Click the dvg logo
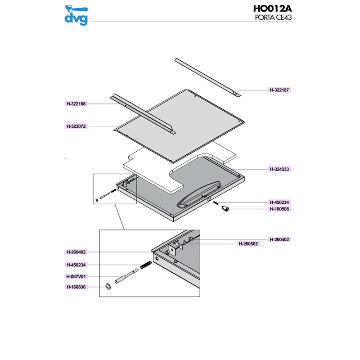pyautogui.click(x=76, y=15)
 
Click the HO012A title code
pyautogui.click(x=273, y=9)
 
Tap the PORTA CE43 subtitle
pyautogui.click(x=273, y=18)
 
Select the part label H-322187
pyautogui.click(x=279, y=90)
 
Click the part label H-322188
pyautogui.click(x=76, y=104)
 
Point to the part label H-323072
pyautogui.click(x=76, y=126)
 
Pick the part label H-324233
pyautogui.click(x=279, y=169)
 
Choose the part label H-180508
pyautogui.click(x=279, y=209)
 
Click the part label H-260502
pyautogui.click(x=248, y=244)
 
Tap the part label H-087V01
pyautogui.click(x=76, y=277)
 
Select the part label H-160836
pyautogui.click(x=76, y=287)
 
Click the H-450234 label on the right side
pyautogui.click(x=279, y=202)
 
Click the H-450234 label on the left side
pyautogui.click(x=76, y=265)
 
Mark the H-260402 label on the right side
pyautogui.click(x=279, y=239)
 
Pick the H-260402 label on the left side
pyautogui.click(x=76, y=252)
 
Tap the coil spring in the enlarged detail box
pyautogui.click(x=146, y=265)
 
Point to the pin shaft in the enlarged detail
pyautogui.click(x=126, y=276)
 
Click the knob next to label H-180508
pyautogui.click(x=225, y=209)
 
